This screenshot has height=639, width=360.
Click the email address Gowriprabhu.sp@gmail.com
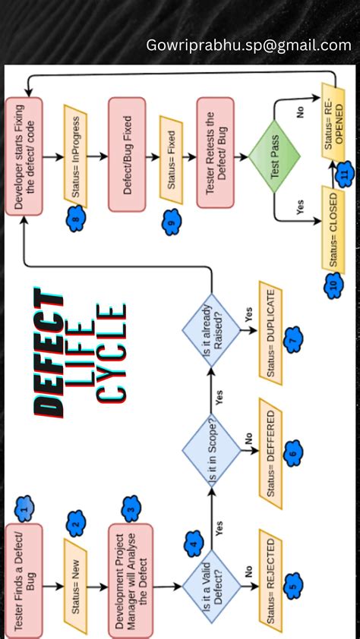[248, 46]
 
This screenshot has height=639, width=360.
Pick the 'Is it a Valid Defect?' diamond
[211, 585]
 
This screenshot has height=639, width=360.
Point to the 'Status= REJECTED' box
[271, 585]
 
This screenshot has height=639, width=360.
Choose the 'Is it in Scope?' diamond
[211, 455]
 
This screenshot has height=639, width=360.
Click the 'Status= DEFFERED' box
[271, 453]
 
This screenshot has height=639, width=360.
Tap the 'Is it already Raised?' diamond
[211, 334]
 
